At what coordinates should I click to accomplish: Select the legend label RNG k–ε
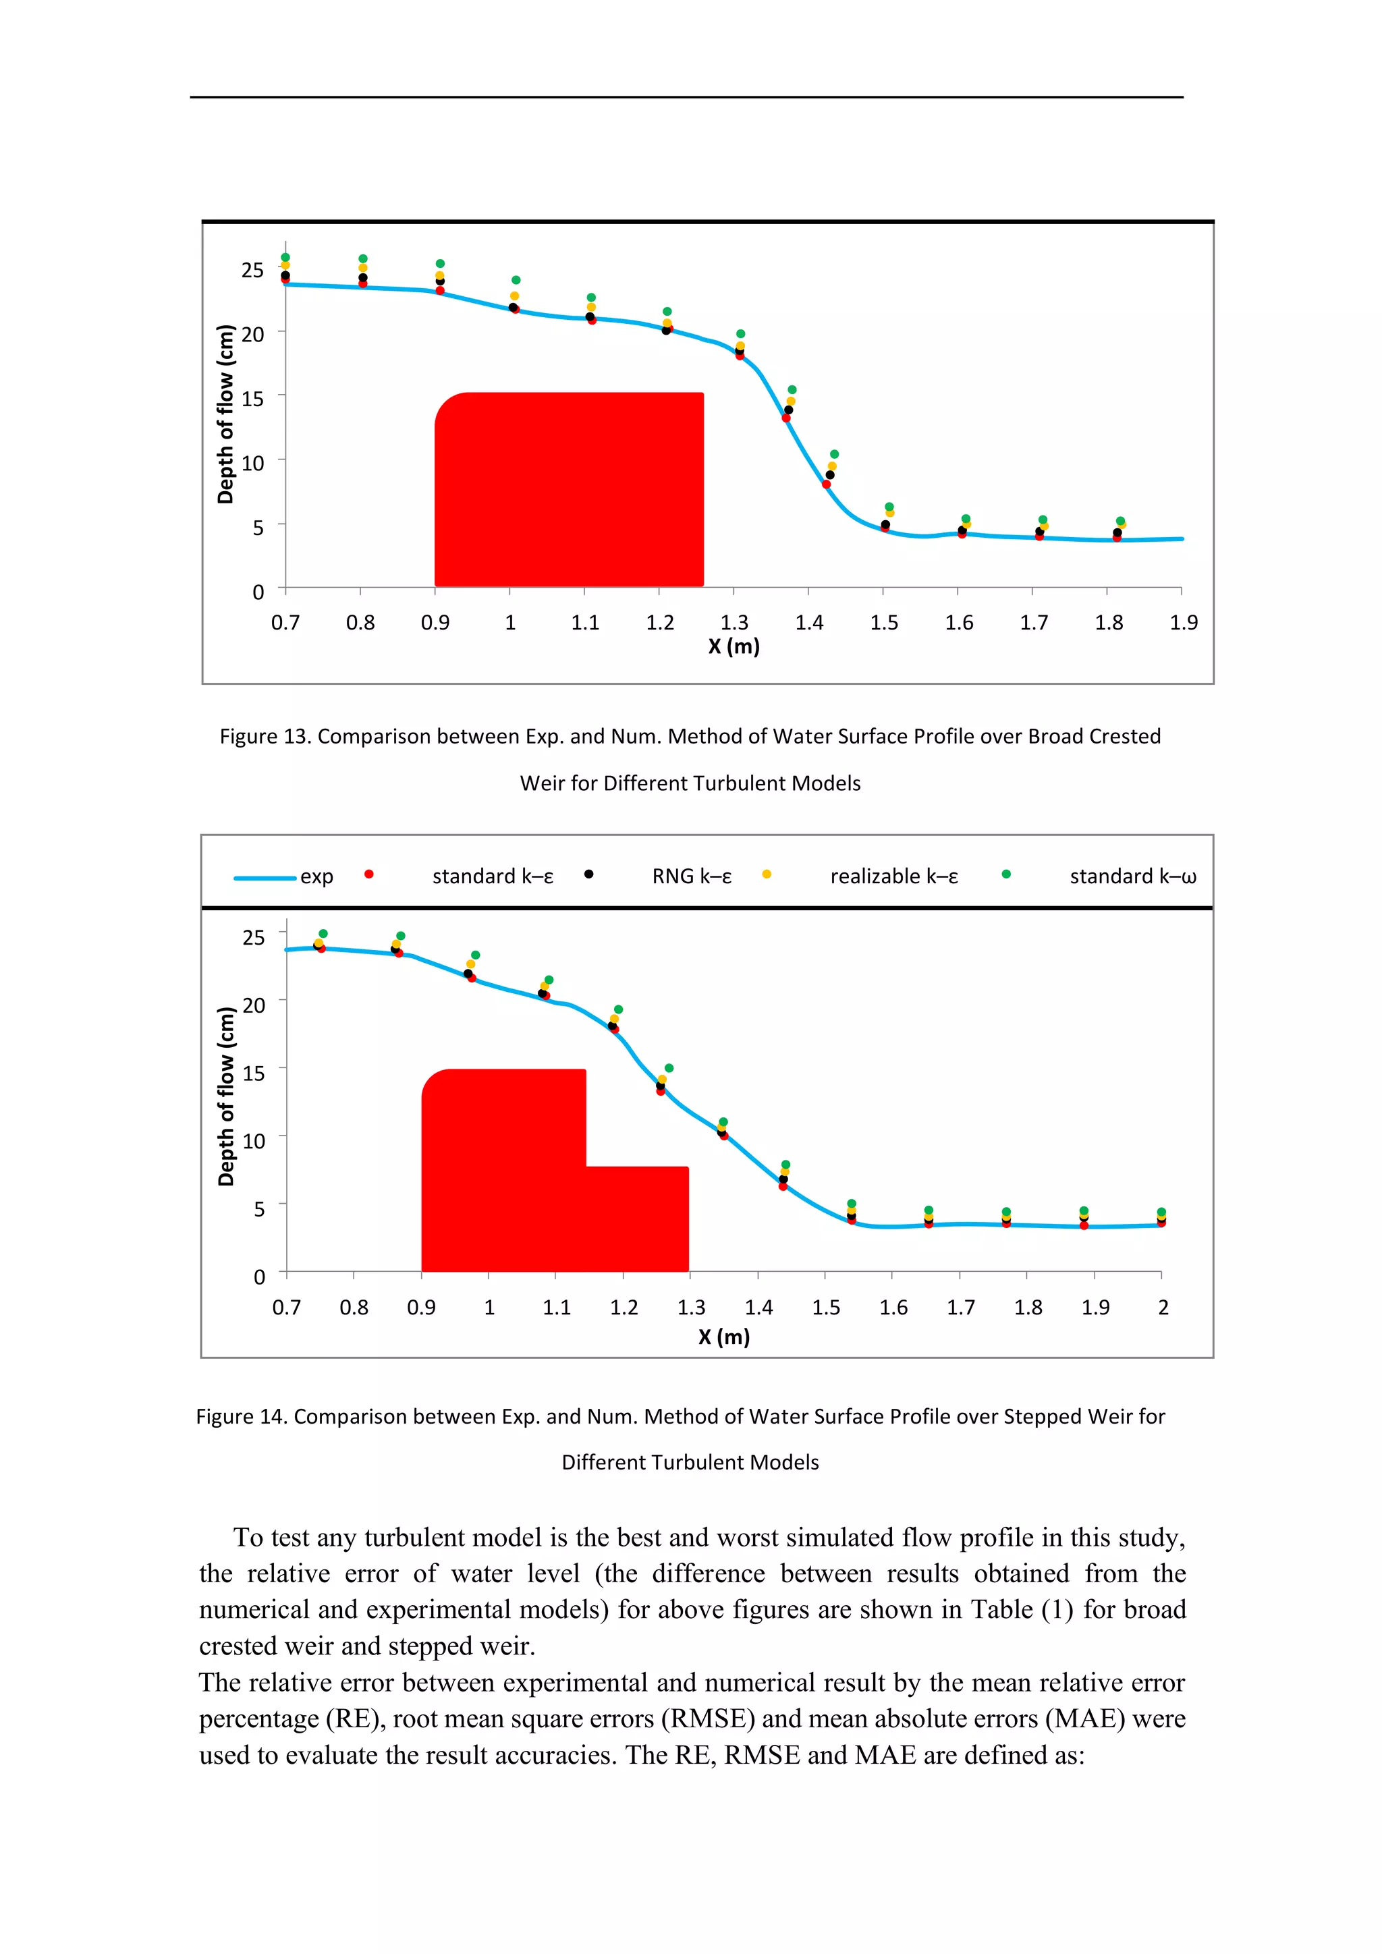coord(691,876)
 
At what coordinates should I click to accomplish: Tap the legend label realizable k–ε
coord(893,876)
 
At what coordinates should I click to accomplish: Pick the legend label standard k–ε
coord(492,876)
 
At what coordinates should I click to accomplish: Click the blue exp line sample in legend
coord(265,877)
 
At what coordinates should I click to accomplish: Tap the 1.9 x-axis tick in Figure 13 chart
coord(1183,623)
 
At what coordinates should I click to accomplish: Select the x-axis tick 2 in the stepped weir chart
coord(1163,1307)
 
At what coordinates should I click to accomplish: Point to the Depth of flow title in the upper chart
coord(225,414)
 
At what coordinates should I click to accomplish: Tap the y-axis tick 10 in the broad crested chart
coord(253,463)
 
